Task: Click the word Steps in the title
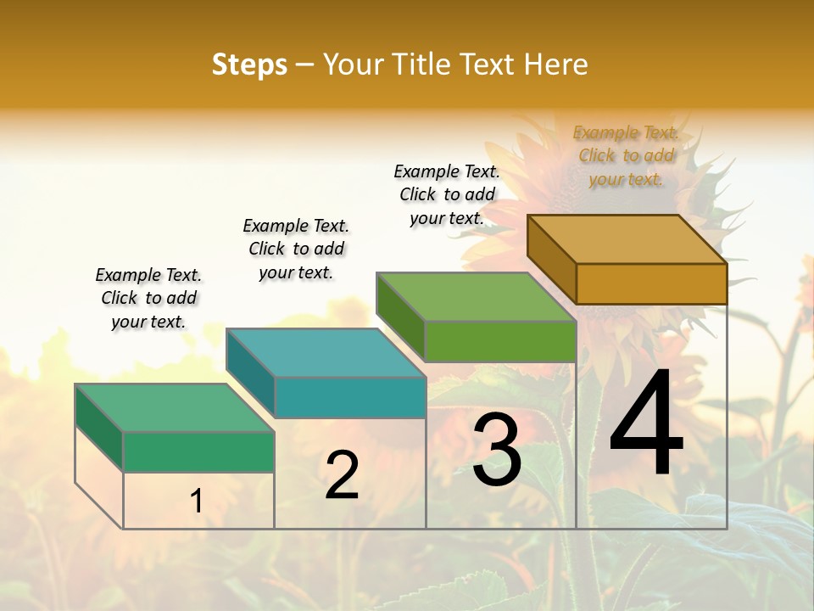tap(249, 64)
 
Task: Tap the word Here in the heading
tap(556, 64)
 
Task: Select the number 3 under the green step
tap(497, 450)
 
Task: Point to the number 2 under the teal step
tap(342, 475)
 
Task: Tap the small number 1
tap(196, 501)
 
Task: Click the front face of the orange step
tap(651, 283)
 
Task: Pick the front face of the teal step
tap(350, 397)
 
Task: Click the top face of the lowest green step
tap(175, 408)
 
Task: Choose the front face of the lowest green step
tap(198, 451)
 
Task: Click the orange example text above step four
tap(626, 155)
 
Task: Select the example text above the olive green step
tap(447, 194)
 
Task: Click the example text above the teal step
tap(296, 249)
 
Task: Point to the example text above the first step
tap(148, 298)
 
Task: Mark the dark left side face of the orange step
tap(551, 258)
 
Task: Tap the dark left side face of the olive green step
tap(400, 316)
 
